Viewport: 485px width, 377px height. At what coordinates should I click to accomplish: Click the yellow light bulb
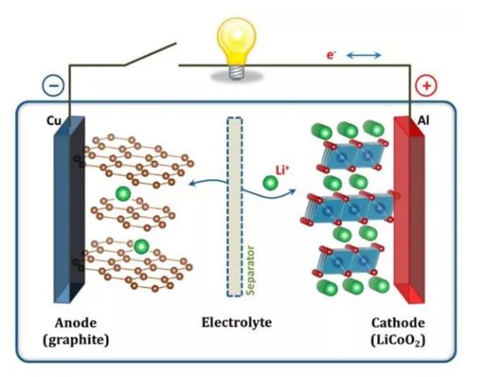[236, 46]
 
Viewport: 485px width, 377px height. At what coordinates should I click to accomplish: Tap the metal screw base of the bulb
[236, 73]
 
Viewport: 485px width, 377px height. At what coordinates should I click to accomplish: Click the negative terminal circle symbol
[53, 85]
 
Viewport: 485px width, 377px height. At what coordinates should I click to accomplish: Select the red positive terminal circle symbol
[426, 86]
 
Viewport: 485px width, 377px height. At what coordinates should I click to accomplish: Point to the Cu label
[53, 121]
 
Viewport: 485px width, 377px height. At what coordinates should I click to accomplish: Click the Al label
[423, 121]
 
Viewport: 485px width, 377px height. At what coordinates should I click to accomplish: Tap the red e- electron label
[331, 55]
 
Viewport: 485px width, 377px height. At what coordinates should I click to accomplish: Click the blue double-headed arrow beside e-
[364, 55]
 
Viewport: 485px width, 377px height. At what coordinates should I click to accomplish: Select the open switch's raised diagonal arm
[150, 54]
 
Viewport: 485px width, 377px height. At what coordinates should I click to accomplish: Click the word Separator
[251, 270]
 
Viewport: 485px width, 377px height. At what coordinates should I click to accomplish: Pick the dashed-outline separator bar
[235, 207]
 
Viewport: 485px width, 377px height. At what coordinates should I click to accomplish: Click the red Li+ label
[282, 170]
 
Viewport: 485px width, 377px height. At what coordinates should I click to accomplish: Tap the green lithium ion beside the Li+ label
[271, 183]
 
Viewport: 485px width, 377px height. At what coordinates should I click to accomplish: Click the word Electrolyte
[236, 322]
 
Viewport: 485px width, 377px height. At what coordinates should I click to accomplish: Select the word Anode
[76, 323]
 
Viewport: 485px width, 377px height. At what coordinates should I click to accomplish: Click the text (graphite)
[76, 340]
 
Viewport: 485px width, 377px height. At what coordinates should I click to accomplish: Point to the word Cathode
[397, 323]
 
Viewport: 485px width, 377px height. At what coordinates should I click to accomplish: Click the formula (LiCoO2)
[397, 340]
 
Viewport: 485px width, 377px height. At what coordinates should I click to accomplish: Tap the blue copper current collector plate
[69, 210]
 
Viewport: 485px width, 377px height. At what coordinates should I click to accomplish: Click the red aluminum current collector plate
[409, 210]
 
